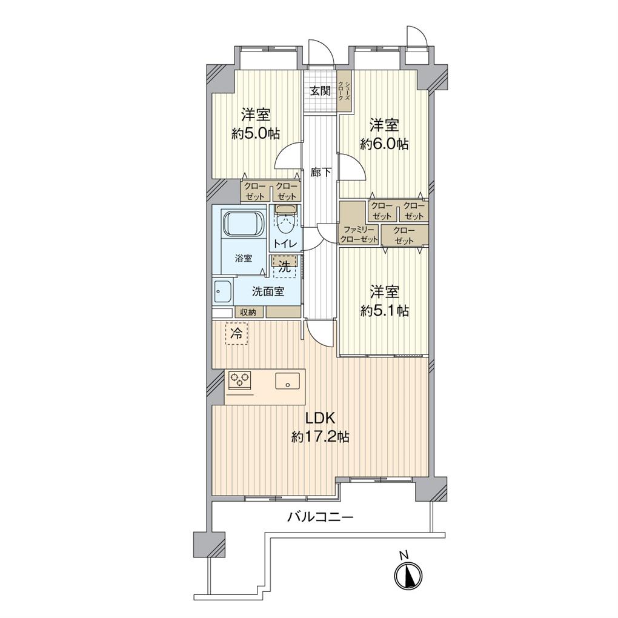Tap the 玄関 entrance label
pyautogui.click(x=320, y=91)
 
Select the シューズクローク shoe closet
pyautogui.click(x=345, y=91)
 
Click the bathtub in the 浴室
pyautogui.click(x=243, y=224)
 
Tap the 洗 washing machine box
pyautogui.click(x=285, y=267)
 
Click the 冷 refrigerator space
pyautogui.click(x=236, y=333)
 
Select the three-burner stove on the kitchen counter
pyautogui.click(x=240, y=380)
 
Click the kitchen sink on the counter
pyautogui.click(x=287, y=381)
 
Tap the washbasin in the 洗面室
pyautogui.click(x=223, y=292)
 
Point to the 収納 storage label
pyautogui.click(x=248, y=312)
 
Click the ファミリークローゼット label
pyautogui.click(x=359, y=234)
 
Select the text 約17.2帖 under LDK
pyautogui.click(x=320, y=437)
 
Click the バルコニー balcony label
pyautogui.click(x=320, y=517)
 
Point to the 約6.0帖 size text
pyautogui.click(x=384, y=144)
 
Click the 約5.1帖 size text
pyautogui.click(x=384, y=311)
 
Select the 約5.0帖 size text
pyautogui.click(x=256, y=134)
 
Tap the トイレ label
pyautogui.click(x=285, y=244)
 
